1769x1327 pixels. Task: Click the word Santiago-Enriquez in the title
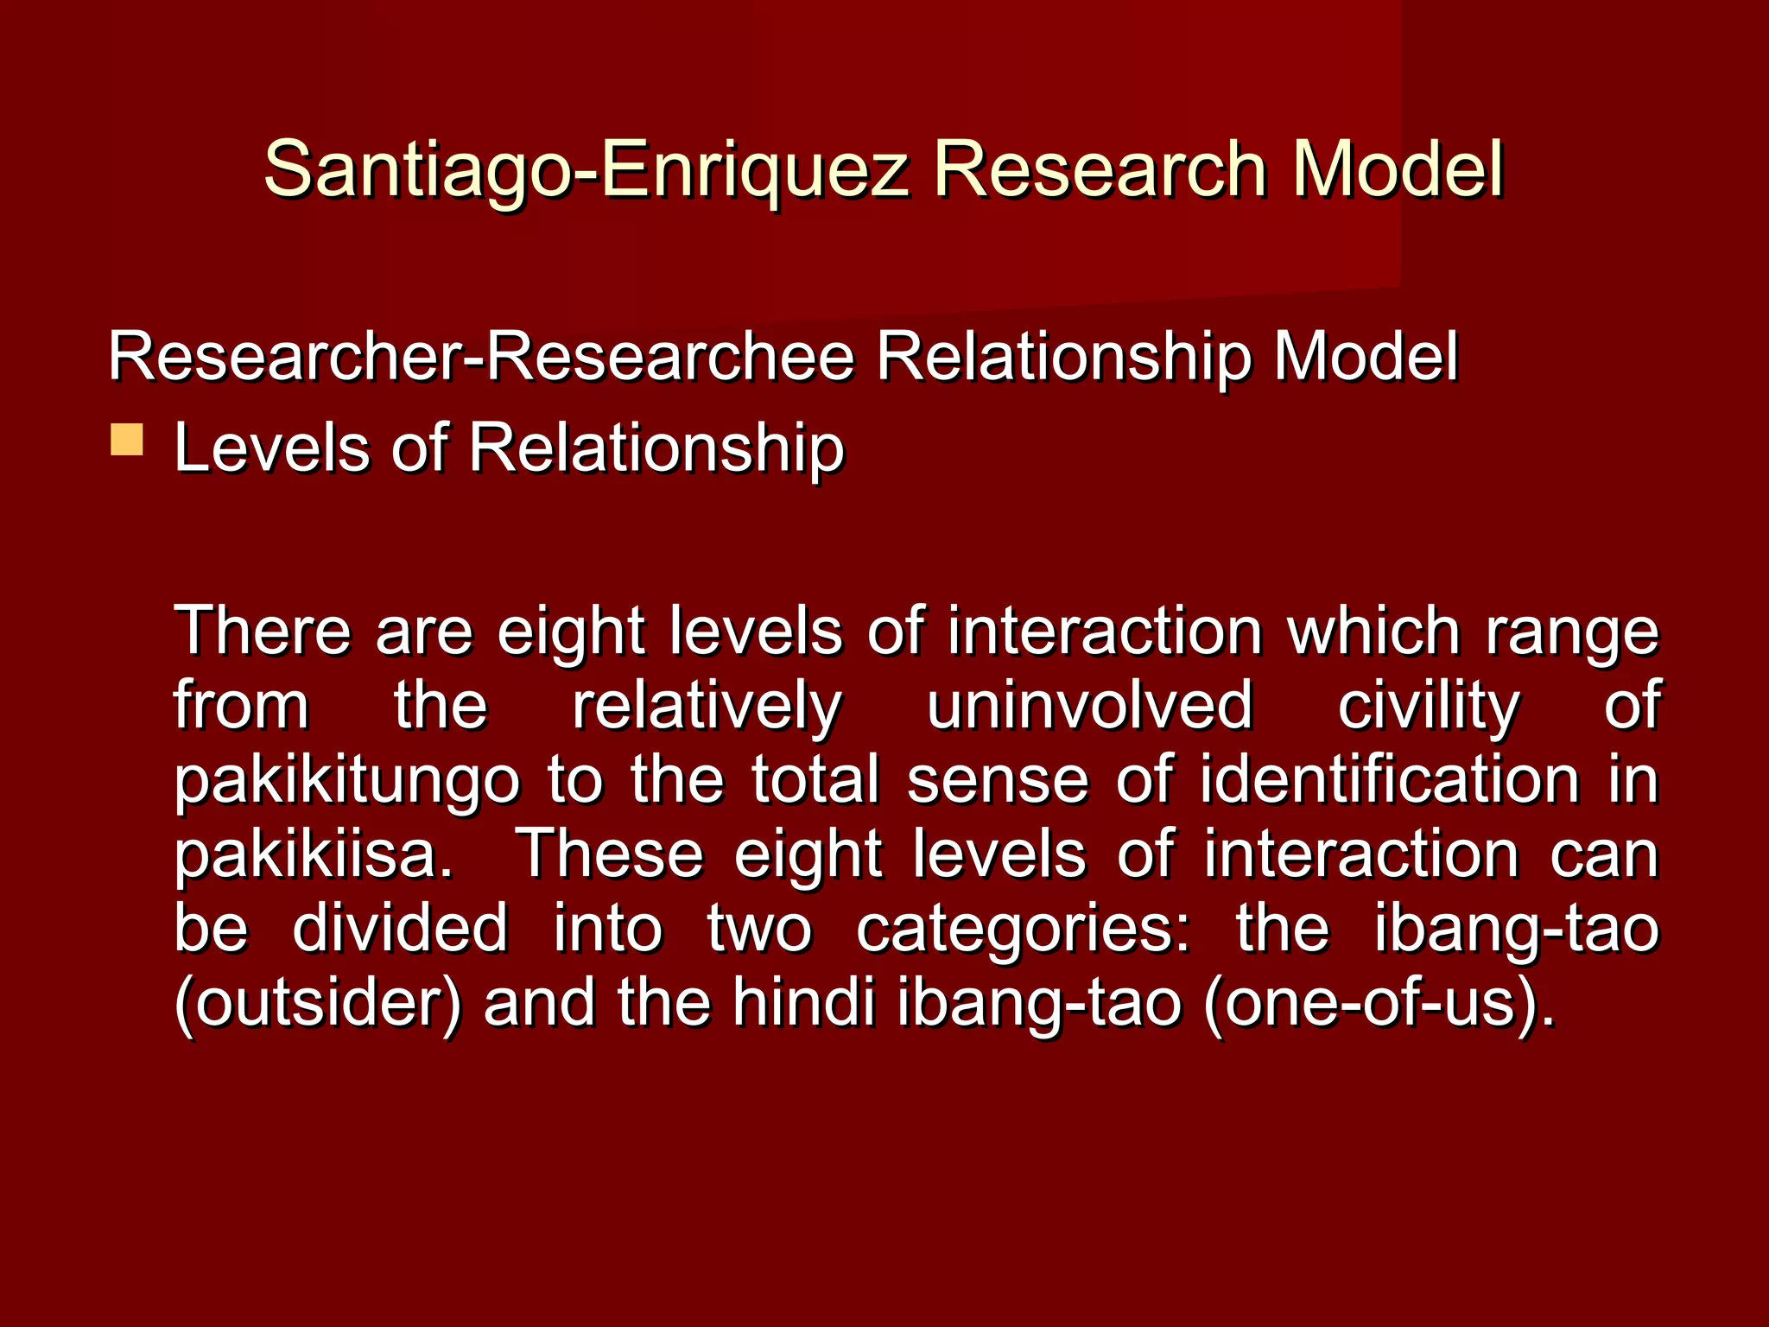[x=586, y=169]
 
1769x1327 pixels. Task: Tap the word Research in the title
[x=1100, y=169]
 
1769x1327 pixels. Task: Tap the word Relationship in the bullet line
[x=656, y=449]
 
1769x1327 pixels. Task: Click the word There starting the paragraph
[x=263, y=631]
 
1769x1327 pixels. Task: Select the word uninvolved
[x=1089, y=705]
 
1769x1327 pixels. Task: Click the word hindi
[x=804, y=1002]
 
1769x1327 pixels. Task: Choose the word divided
[x=400, y=928]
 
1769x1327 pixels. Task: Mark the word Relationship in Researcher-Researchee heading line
[x=1063, y=358]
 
